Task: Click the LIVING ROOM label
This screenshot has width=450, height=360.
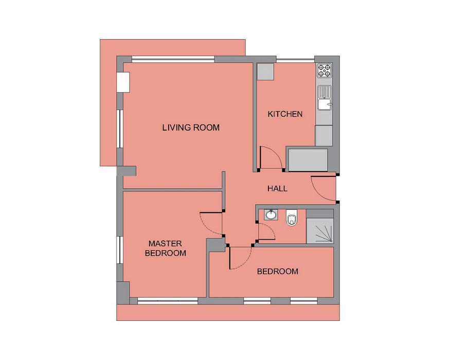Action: pos(191,128)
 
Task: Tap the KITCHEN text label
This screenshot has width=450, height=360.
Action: pos(285,114)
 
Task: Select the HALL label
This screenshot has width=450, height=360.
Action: pos(277,189)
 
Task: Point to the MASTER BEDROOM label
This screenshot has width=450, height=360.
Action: pos(165,248)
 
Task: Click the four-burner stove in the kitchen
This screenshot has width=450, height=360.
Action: pos(325,70)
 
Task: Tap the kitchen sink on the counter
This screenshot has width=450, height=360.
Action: pos(325,98)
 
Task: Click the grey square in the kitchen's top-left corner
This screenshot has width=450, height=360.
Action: pos(265,72)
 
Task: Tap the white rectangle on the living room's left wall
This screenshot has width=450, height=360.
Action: pos(123,82)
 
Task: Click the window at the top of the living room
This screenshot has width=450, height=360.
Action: pos(173,60)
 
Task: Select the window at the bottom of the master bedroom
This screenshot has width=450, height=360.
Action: pos(168,301)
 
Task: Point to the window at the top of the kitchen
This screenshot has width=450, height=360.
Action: pos(295,60)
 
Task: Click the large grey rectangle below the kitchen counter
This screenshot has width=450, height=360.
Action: pos(308,160)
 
